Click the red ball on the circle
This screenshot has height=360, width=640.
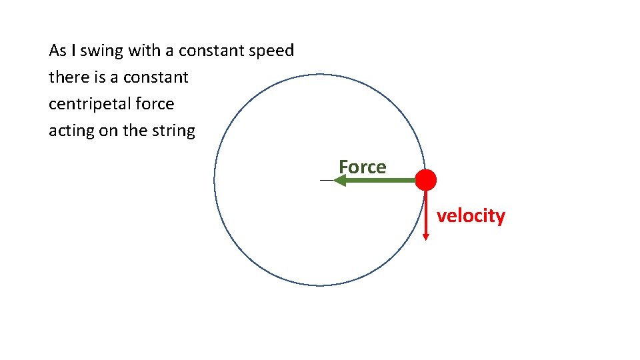(425, 180)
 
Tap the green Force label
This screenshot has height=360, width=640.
(362, 167)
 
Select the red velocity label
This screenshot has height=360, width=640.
(471, 216)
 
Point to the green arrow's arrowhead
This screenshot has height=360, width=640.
(339, 180)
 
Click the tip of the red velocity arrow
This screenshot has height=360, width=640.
(426, 237)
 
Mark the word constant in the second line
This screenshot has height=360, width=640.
(155, 77)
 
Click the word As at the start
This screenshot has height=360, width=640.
(57, 51)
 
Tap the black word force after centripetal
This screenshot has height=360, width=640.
(153, 104)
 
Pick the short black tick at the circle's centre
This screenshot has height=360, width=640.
(327, 181)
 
